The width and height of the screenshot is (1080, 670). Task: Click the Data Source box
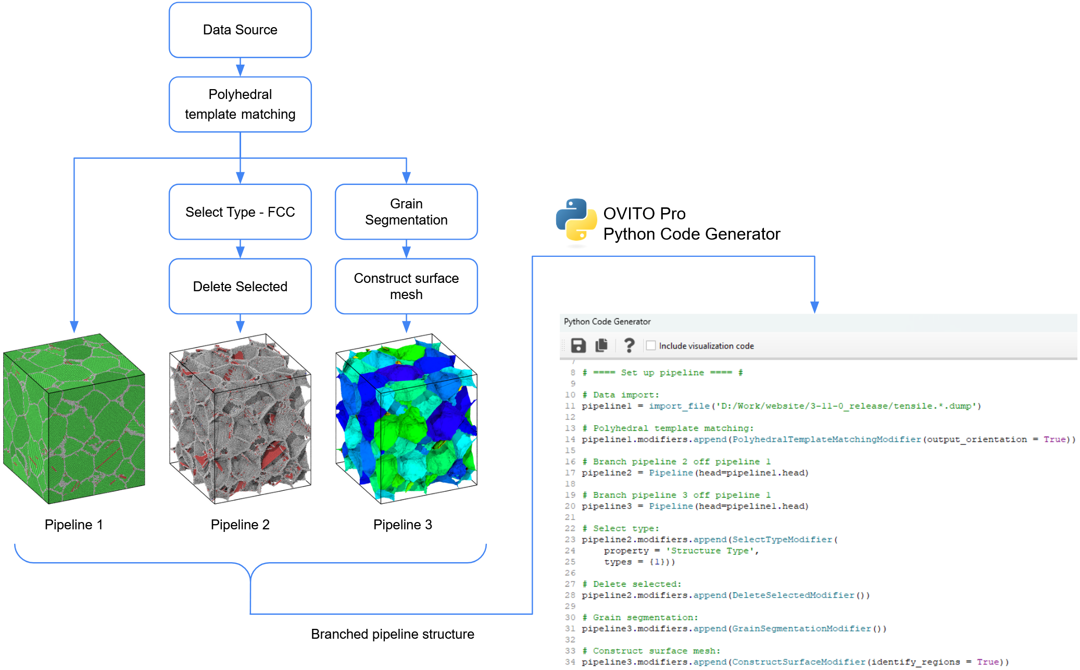[240, 30]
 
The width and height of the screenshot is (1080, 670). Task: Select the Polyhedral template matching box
[240, 104]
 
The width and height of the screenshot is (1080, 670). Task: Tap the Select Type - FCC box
[240, 212]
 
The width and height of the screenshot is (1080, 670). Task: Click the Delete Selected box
[240, 287]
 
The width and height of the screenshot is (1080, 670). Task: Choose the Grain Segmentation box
[406, 212]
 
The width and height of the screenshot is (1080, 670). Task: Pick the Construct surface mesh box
[406, 287]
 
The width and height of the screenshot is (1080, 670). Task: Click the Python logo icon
[576, 220]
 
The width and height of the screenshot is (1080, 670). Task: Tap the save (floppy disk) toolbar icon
[578, 345]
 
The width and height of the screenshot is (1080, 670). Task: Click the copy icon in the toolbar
[601, 345]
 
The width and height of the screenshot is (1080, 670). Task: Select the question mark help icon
[629, 345]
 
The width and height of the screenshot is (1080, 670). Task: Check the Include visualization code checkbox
[651, 345]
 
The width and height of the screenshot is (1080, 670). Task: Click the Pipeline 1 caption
[73, 525]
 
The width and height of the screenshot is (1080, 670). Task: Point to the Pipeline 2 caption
[240, 525]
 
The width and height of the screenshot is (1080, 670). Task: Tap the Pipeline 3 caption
[403, 525]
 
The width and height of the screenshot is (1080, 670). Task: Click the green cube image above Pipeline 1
[74, 418]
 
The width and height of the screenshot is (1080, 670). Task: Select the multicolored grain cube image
[406, 418]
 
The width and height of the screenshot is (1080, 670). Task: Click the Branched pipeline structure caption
[392, 634]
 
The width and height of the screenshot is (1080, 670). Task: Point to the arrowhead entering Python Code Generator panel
[814, 307]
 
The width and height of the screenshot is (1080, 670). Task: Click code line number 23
[570, 540]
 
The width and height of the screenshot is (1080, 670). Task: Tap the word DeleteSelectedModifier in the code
[793, 595]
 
